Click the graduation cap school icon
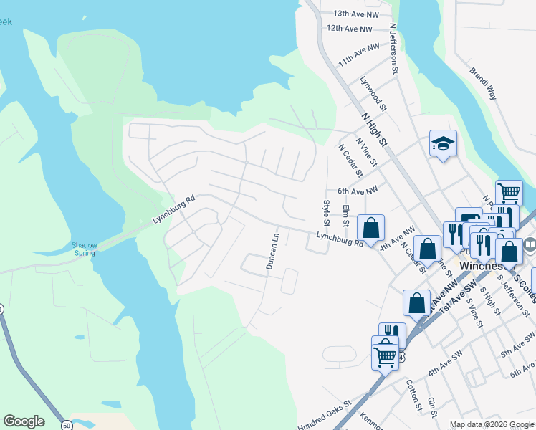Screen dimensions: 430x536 [443, 143]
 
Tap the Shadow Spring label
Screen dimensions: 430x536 [85, 249]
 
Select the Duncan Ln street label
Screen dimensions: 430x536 [272, 251]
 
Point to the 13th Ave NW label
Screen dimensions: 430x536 [356, 14]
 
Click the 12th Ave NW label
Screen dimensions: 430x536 [350, 29]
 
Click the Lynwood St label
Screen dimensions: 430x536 [373, 95]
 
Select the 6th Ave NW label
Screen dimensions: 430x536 [358, 191]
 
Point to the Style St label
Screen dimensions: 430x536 [327, 212]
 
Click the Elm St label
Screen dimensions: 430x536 [345, 216]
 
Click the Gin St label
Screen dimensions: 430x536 [431, 407]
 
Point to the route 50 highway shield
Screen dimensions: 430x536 [67, 425]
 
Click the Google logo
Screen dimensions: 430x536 [24, 421]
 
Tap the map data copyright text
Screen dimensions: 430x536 [492, 425]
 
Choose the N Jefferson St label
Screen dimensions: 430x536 [393, 49]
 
